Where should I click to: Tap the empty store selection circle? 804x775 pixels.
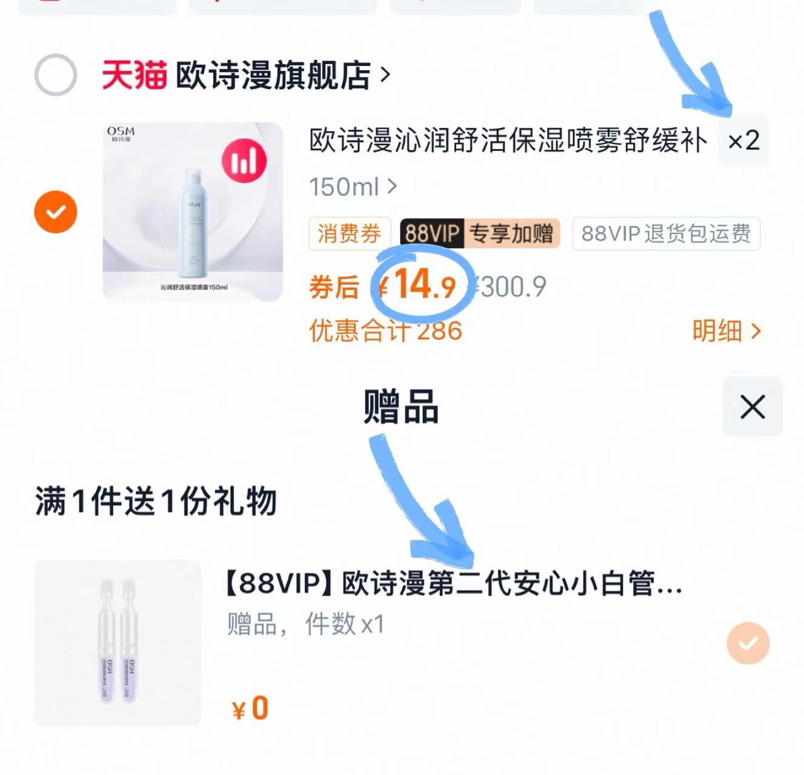pyautogui.click(x=55, y=75)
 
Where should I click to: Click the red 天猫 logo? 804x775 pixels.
pyautogui.click(x=134, y=75)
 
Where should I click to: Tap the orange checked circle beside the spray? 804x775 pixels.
pyautogui.click(x=55, y=212)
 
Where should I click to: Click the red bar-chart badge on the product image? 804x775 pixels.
pyautogui.click(x=244, y=161)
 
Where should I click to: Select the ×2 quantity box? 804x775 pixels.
pyautogui.click(x=743, y=141)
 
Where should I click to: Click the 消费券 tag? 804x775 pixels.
pyautogui.click(x=349, y=233)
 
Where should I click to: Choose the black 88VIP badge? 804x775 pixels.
pyautogui.click(x=431, y=233)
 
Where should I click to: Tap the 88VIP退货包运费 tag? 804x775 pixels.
pyautogui.click(x=665, y=233)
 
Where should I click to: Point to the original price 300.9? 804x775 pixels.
pyautogui.click(x=513, y=287)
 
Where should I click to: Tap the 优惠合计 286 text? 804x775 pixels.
pyautogui.click(x=385, y=331)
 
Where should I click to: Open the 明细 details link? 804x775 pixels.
pyautogui.click(x=725, y=331)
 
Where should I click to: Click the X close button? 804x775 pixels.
pyautogui.click(x=753, y=407)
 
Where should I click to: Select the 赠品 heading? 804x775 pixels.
pyautogui.click(x=401, y=407)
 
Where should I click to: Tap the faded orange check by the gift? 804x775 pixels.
pyautogui.click(x=748, y=643)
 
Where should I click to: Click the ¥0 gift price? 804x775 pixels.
pyautogui.click(x=250, y=708)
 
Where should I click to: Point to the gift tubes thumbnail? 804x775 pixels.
pyautogui.click(x=118, y=642)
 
